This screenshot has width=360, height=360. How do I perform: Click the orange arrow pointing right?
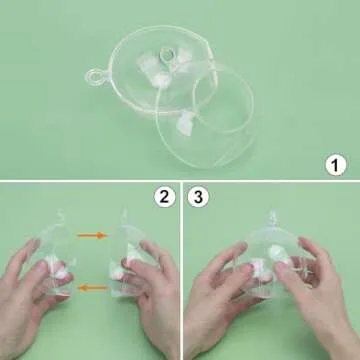pos(92,236)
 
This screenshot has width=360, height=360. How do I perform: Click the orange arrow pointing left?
pos(92,288)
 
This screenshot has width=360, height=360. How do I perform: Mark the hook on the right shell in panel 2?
pos(124,214)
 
